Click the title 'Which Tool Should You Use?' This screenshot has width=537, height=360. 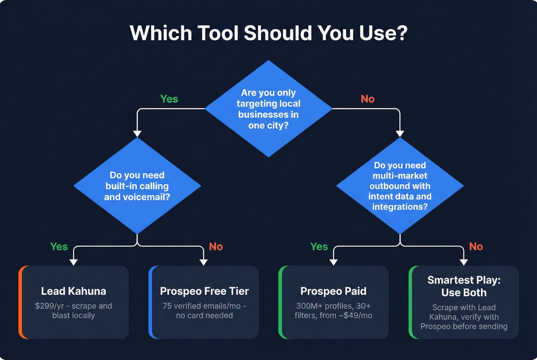(x=268, y=33)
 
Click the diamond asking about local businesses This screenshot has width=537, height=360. (x=268, y=109)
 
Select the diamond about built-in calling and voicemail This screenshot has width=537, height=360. (x=137, y=186)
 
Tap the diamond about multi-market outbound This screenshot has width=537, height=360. (x=400, y=186)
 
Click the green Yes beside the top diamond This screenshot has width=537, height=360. (x=169, y=99)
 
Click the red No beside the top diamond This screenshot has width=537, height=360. (x=367, y=99)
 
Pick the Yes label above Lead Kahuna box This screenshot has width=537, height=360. (x=59, y=247)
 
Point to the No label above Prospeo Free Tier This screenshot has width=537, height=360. (x=216, y=247)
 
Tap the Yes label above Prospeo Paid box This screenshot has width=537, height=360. (x=319, y=247)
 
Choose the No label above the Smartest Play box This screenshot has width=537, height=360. (x=476, y=247)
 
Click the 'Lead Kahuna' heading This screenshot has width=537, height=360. (x=74, y=291)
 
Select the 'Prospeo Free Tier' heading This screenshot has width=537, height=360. (x=204, y=291)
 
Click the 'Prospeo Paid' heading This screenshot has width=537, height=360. (x=333, y=291)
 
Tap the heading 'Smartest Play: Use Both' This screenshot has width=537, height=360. (x=464, y=286)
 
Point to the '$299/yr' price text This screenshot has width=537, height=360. (x=49, y=306)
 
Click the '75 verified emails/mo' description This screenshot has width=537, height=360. (x=202, y=306)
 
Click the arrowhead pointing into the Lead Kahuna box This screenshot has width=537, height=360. (x=74, y=262)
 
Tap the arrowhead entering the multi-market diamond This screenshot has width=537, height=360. (x=400, y=134)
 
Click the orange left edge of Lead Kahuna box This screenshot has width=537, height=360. (x=20, y=302)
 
